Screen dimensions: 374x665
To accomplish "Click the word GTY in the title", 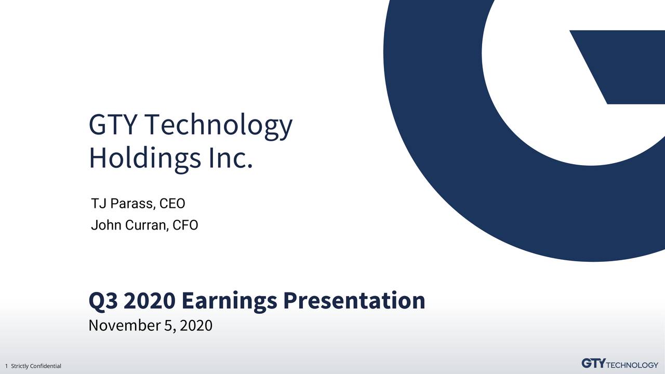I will [113, 125].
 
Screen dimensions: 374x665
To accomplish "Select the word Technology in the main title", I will [218, 126].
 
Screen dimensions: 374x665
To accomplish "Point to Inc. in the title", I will [230, 157].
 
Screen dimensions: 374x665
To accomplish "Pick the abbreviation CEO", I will [172, 203].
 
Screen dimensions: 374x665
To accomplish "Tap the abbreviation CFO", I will [185, 225].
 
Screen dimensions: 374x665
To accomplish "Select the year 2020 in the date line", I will [197, 326].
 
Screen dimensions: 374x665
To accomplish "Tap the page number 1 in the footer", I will [6, 366].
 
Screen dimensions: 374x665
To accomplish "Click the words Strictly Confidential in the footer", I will [36, 366].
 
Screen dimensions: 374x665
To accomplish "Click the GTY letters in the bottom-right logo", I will [593, 363].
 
